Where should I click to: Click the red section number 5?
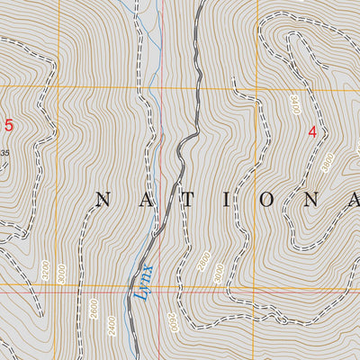tap(9, 125)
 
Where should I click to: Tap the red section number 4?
tap(312, 131)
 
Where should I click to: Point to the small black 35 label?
tap(4, 153)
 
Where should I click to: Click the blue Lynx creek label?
tap(144, 280)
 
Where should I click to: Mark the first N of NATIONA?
tap(102, 201)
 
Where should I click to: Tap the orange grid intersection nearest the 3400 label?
tap(269, 87)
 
